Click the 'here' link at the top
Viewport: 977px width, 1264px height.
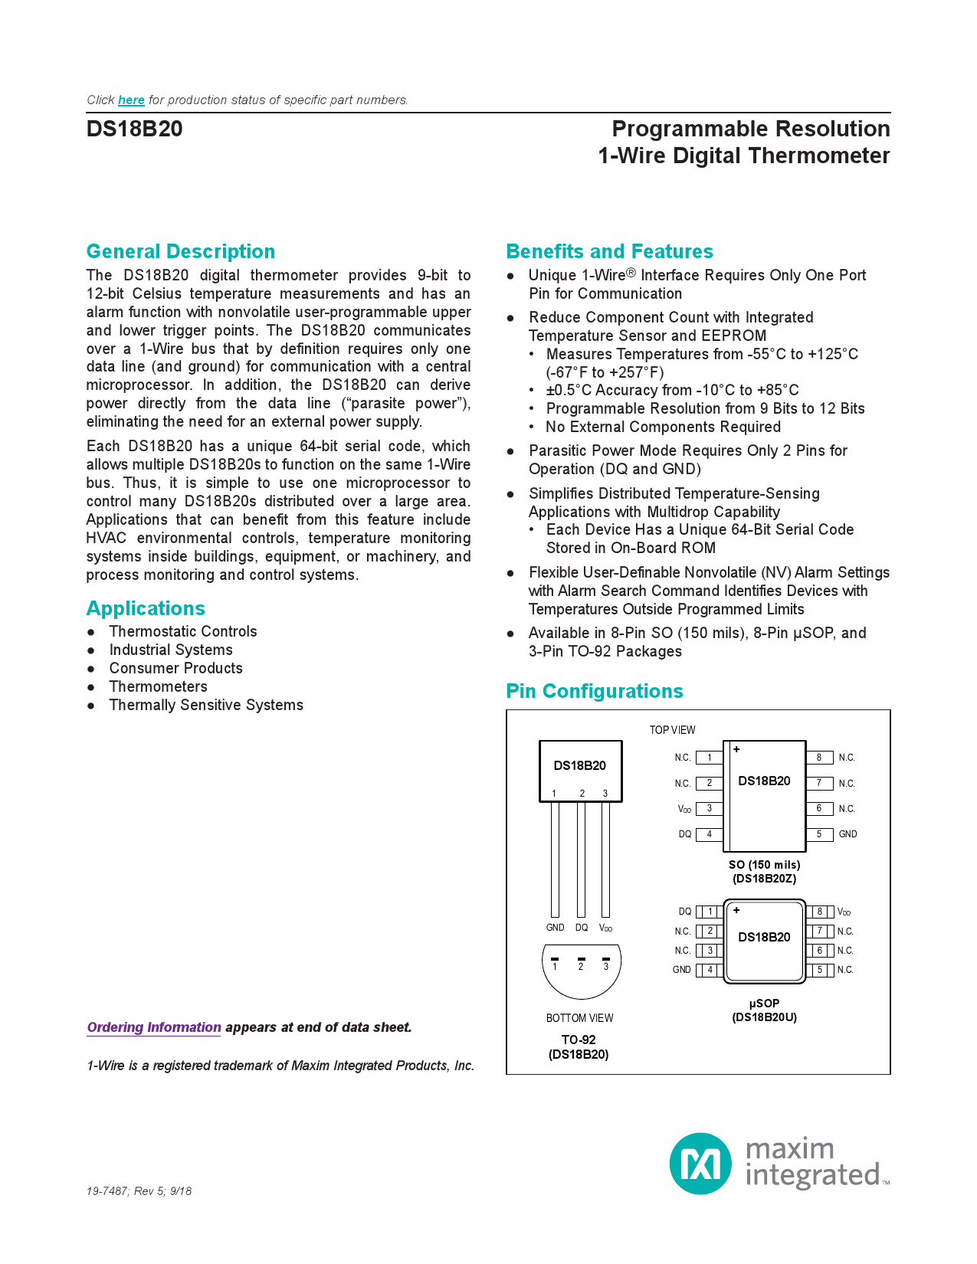131,100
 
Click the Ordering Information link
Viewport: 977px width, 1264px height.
154,1027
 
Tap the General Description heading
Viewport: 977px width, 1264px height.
181,251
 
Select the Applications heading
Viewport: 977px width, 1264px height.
146,608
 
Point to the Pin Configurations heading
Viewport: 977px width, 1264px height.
595,691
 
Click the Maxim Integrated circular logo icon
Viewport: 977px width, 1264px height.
700,1164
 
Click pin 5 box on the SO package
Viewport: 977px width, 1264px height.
819,834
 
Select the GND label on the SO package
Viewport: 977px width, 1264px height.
847,834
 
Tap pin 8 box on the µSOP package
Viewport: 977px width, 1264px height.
819,912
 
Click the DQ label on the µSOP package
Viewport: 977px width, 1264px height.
685,912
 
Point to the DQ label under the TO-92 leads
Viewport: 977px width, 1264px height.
582,928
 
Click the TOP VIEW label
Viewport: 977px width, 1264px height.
672,730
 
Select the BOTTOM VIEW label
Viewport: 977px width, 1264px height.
579,1018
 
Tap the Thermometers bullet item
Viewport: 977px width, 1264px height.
158,686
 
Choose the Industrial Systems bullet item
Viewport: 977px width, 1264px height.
171,650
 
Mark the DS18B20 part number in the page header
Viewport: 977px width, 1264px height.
135,129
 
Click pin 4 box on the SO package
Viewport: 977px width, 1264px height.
710,834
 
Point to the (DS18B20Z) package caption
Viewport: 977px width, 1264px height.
764,879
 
